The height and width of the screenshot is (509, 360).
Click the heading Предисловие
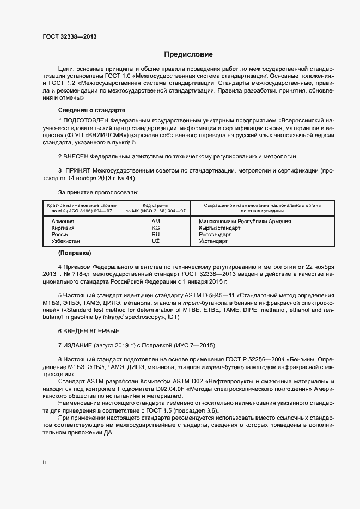188,54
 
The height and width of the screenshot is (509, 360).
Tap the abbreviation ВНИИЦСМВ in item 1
107,133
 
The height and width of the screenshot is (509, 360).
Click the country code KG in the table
156,228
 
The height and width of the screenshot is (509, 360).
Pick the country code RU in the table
156,234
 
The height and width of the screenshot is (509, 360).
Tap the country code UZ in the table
156,241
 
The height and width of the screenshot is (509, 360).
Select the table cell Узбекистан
65,241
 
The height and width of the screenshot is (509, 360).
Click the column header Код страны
156,205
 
